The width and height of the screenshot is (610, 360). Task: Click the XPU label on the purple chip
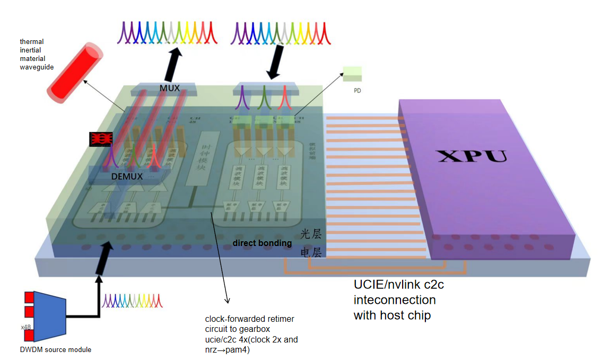tap(470, 156)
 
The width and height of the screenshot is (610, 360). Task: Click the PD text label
tap(357, 91)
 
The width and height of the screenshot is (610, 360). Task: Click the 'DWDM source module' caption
tap(55, 349)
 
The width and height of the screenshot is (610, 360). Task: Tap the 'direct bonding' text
tap(262, 243)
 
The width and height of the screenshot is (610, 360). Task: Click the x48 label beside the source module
tap(25, 327)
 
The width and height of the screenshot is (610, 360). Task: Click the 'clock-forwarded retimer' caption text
tap(249, 319)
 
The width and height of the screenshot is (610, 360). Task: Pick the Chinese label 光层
tap(311, 234)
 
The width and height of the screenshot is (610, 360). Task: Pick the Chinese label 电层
tap(311, 252)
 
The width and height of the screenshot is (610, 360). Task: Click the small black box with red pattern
tap(101, 139)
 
